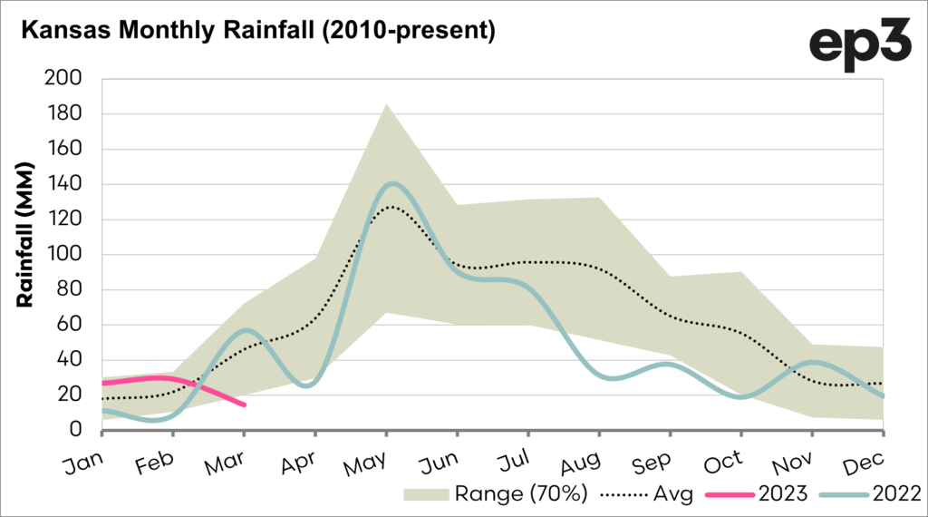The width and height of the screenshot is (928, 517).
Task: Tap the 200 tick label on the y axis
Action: pyautogui.click(x=63, y=79)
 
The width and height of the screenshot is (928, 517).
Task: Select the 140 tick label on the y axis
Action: pyautogui.click(x=63, y=184)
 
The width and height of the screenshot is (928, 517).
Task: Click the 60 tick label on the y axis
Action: pyautogui.click(x=69, y=325)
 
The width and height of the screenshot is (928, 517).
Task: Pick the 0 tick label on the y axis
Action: pyautogui.click(x=76, y=430)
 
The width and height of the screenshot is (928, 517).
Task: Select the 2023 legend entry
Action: pyautogui.click(x=776, y=493)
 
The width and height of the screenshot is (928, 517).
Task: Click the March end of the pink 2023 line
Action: pyautogui.click(x=244, y=405)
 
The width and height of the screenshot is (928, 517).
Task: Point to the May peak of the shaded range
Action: pyautogui.click(x=387, y=103)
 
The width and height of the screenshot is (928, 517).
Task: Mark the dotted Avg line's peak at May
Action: pyautogui.click(x=387, y=207)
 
